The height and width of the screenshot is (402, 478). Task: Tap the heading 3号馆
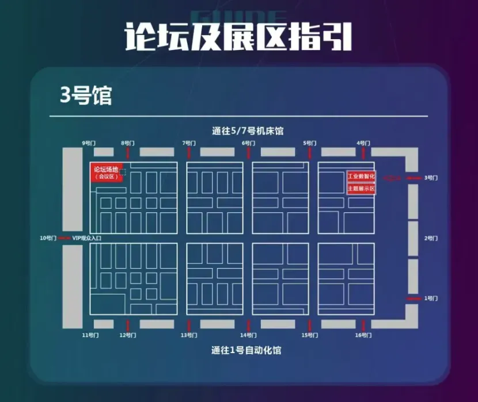(x=86, y=96)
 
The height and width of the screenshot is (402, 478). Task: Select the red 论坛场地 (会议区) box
(x=105, y=173)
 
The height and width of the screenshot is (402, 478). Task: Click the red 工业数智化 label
(x=361, y=176)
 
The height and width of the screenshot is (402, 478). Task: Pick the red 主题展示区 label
(x=361, y=188)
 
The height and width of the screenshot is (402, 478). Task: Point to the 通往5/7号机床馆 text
(x=248, y=131)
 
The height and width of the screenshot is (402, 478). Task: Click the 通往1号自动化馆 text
(x=246, y=350)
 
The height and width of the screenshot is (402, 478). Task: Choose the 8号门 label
(x=128, y=143)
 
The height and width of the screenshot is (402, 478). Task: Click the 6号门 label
(x=249, y=143)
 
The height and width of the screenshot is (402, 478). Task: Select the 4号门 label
(x=363, y=143)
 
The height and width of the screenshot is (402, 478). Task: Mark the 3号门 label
(x=431, y=178)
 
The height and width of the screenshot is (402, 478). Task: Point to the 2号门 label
(x=431, y=238)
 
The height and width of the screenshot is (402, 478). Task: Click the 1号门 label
(x=431, y=298)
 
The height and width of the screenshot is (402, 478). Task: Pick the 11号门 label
(x=90, y=335)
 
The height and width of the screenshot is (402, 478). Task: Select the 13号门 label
(x=188, y=335)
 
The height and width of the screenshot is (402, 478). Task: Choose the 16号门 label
(x=362, y=335)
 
